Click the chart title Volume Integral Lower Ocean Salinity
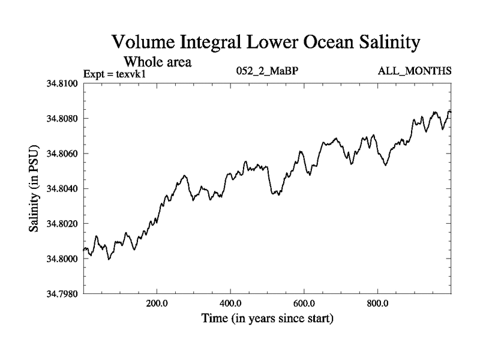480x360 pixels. (264, 43)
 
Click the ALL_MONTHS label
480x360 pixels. (414, 71)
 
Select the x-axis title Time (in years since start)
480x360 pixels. (267, 318)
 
